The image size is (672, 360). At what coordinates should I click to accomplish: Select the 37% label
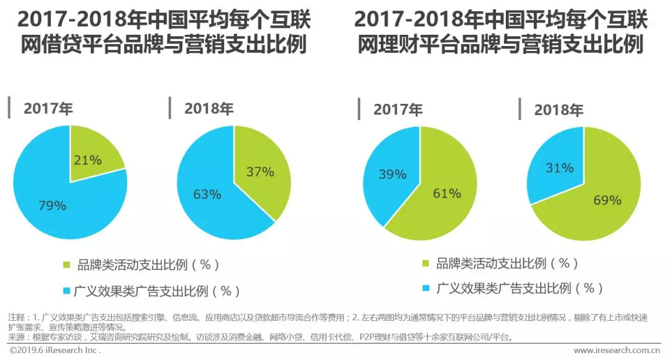(x=259, y=172)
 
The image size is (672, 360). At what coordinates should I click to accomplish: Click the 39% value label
(x=392, y=174)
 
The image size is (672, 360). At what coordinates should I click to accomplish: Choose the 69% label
(x=606, y=200)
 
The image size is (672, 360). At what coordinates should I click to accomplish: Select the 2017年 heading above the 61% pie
(x=398, y=109)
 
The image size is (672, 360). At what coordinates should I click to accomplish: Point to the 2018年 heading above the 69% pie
(x=558, y=110)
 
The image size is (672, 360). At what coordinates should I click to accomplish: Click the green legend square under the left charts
(x=67, y=265)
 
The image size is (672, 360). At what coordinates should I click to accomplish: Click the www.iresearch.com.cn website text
(x=616, y=351)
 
